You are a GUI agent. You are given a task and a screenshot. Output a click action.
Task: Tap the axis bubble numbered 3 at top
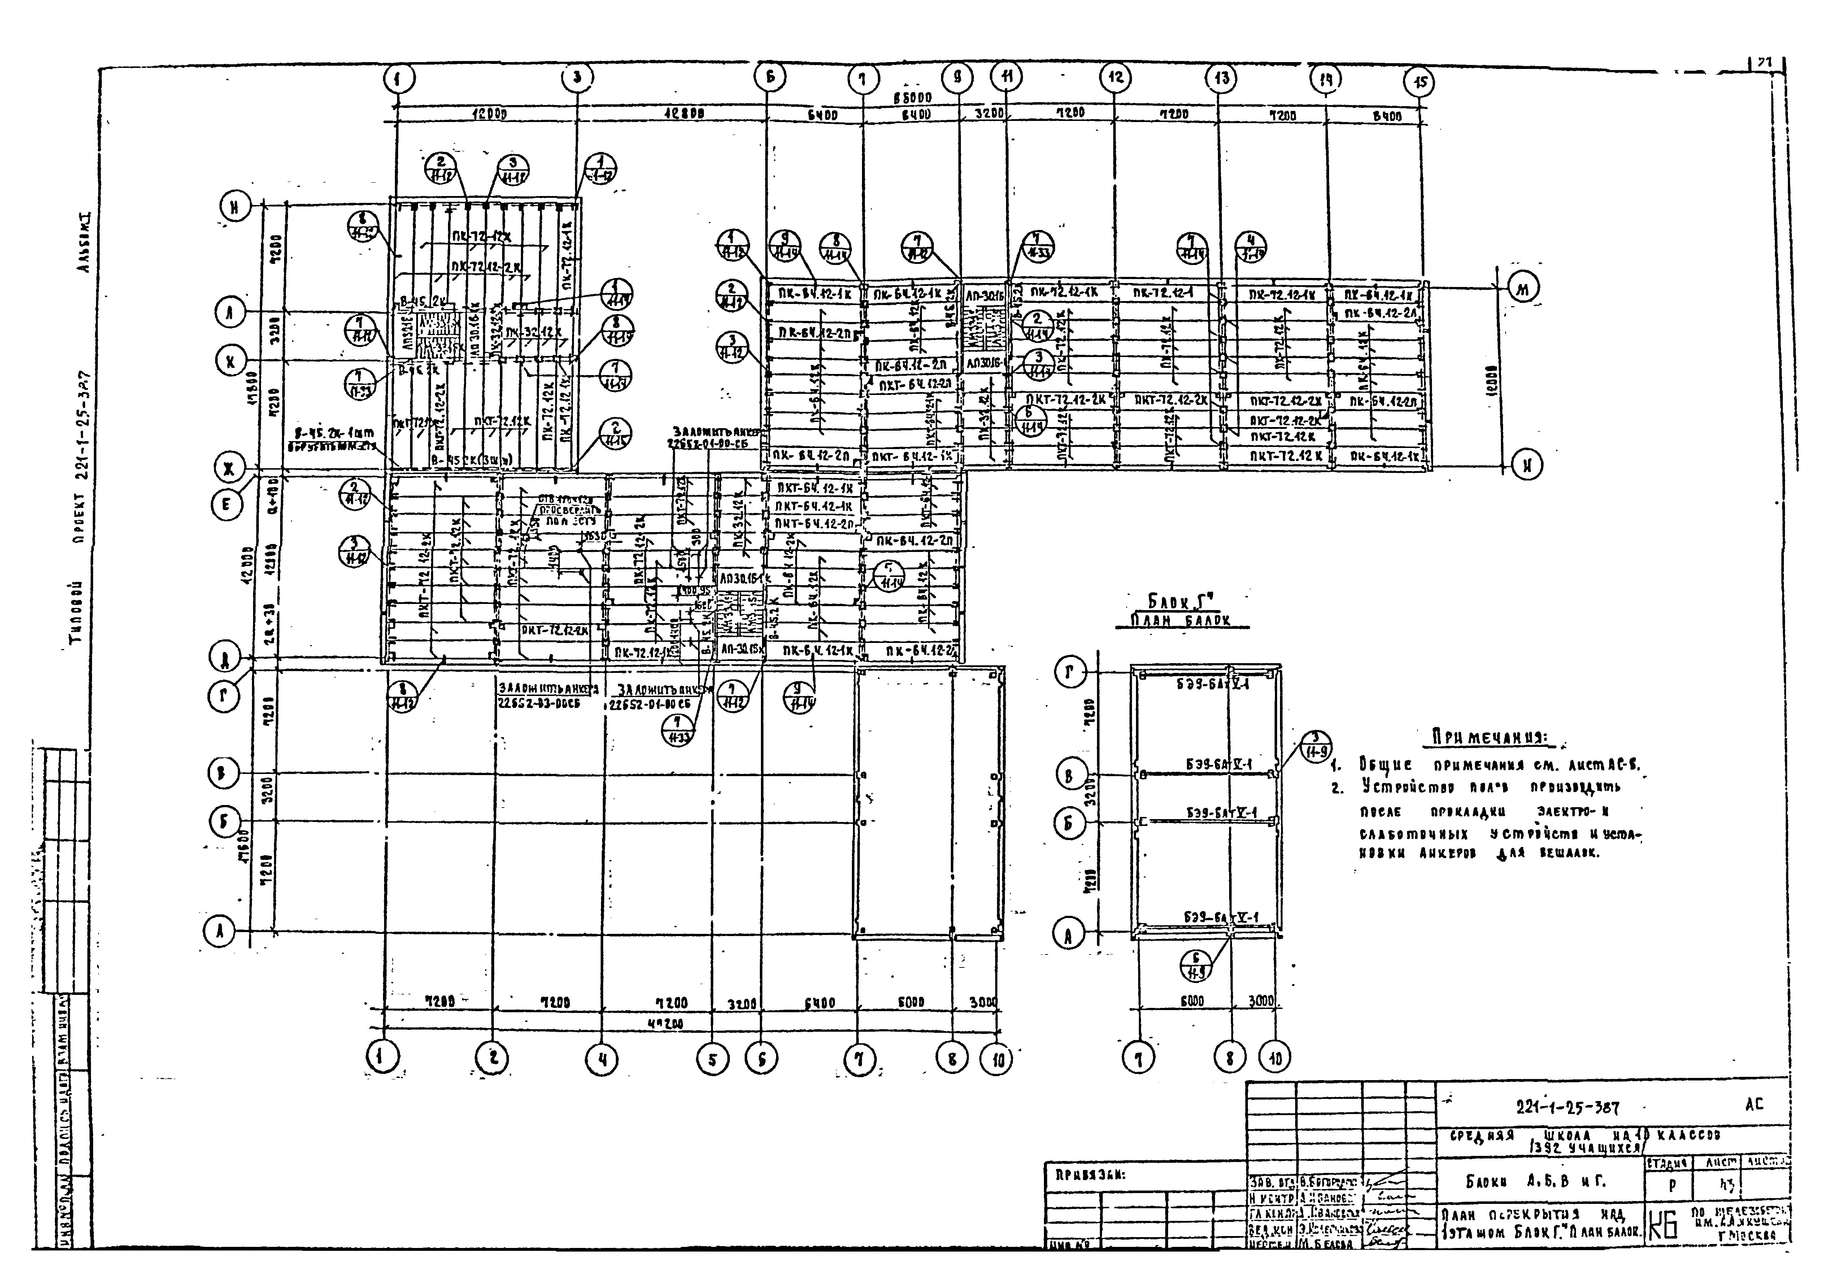tap(576, 78)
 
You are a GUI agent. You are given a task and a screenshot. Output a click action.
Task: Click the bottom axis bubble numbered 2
tap(493, 1059)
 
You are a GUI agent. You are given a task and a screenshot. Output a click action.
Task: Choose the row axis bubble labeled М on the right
tap(1523, 289)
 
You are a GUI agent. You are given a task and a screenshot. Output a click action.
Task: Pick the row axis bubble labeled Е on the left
tap(227, 505)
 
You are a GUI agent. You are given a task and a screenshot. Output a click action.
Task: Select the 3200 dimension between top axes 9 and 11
tap(988, 114)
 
